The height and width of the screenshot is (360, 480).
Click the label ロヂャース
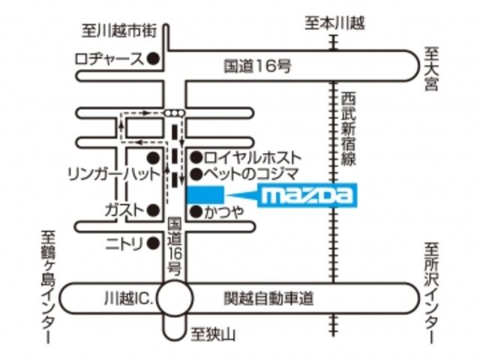point(108,58)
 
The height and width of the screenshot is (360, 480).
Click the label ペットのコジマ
point(253,175)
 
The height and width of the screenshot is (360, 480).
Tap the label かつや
point(223,212)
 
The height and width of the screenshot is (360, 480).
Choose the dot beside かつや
point(195,212)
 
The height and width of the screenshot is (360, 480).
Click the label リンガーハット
point(112,174)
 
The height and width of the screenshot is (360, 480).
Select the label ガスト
point(123,210)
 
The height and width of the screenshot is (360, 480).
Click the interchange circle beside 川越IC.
point(175,299)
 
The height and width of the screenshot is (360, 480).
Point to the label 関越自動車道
point(267,298)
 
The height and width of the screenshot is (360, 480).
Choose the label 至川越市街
point(120,31)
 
